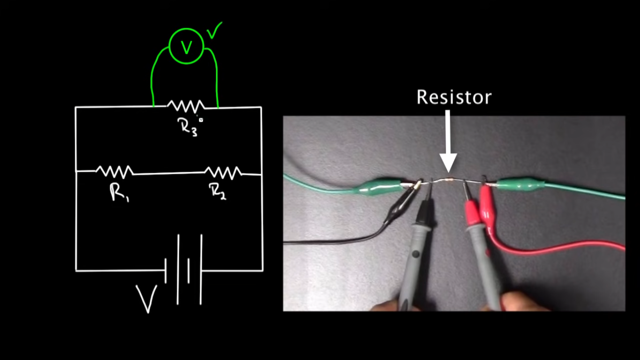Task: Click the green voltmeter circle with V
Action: [186, 46]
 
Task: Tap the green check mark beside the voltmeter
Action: [214, 31]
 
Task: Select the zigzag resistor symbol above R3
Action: [186, 106]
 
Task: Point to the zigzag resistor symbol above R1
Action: [114, 172]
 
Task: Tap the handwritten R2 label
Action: [217, 191]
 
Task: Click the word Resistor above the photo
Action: [454, 97]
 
